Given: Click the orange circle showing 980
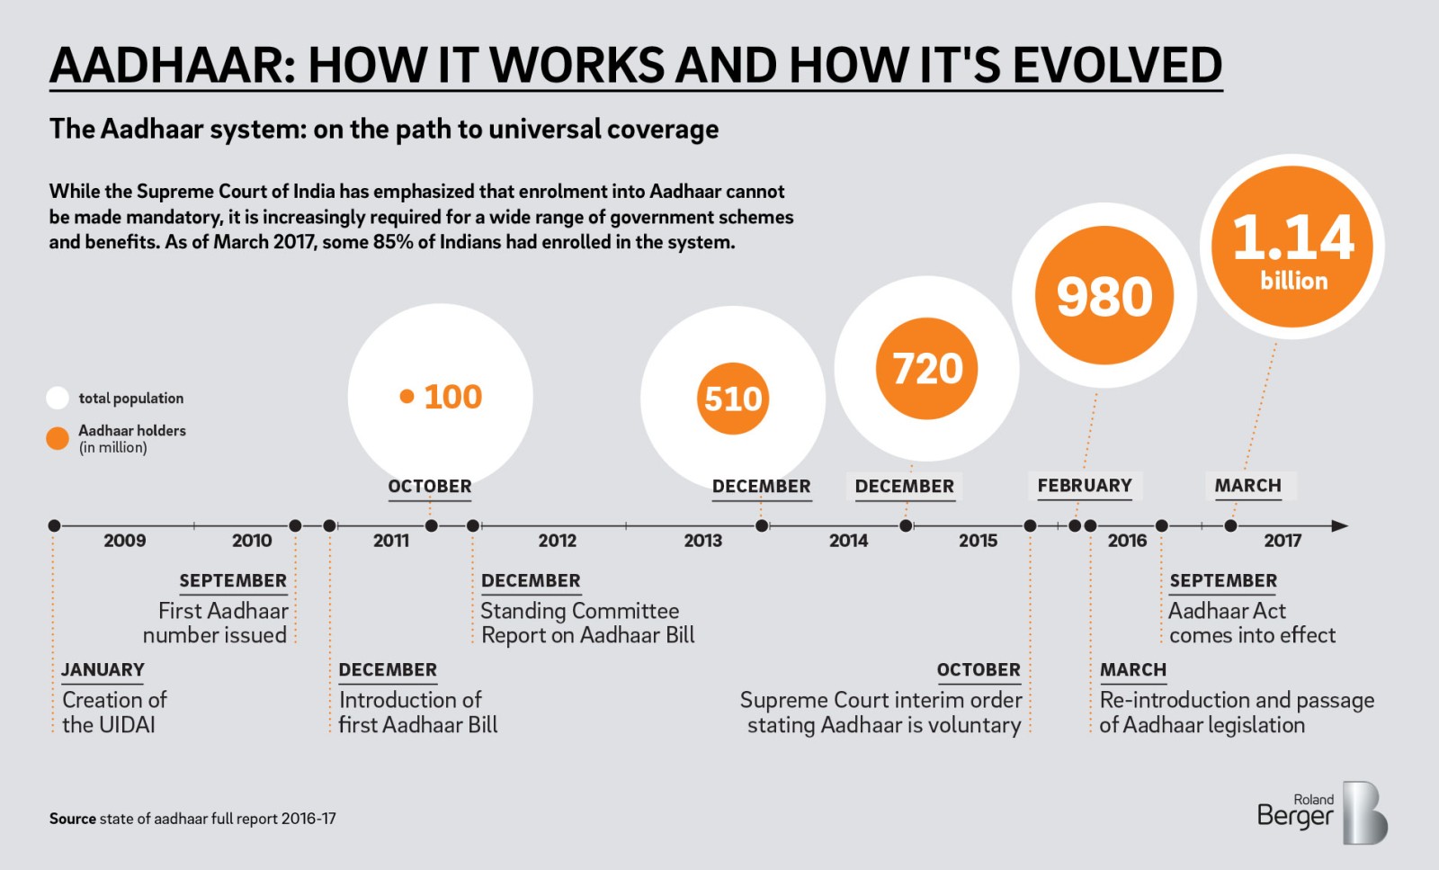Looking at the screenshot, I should click(x=1104, y=296).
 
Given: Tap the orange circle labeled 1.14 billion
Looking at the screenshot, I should click(x=1292, y=247).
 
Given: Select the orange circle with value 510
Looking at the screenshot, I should click(x=733, y=399).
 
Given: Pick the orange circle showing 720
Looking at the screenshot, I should click(x=927, y=369).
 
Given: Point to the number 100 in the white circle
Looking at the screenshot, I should click(x=452, y=397).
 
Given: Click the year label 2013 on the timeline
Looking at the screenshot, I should click(x=702, y=541).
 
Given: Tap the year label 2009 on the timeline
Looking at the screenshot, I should click(x=124, y=541).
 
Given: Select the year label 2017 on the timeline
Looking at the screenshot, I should click(x=1282, y=541).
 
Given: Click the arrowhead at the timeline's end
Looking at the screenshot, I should click(x=1339, y=525).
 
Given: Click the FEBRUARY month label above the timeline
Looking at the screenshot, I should click(x=1085, y=486).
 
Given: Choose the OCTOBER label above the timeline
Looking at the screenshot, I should click(x=429, y=487).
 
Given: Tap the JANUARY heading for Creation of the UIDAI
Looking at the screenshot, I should click(x=103, y=670).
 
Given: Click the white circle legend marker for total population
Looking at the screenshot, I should click(x=58, y=398).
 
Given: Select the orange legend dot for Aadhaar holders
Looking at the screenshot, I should click(x=58, y=438).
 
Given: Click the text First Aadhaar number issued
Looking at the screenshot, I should click(x=216, y=623).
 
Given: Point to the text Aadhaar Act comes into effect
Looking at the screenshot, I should click(x=1251, y=623).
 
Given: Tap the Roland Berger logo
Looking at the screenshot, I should click(x=1321, y=812).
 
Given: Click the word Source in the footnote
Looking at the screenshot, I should click(x=72, y=819).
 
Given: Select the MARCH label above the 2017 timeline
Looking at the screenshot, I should click(x=1247, y=486).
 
